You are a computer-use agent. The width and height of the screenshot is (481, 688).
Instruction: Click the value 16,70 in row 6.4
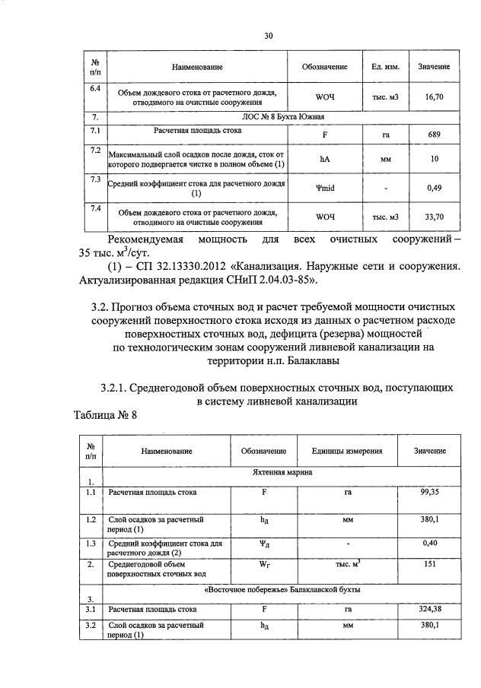[x=434, y=97]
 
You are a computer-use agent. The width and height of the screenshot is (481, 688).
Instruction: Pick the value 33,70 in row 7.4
[x=434, y=217]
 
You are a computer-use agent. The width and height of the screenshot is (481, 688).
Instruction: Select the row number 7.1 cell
[x=96, y=132]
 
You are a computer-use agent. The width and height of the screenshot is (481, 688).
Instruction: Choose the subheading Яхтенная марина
[x=276, y=472]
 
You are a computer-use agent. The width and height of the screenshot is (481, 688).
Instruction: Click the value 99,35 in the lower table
[x=430, y=493]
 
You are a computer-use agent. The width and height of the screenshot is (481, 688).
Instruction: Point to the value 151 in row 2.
[x=430, y=565]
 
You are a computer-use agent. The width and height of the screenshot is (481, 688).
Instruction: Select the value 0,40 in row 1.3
[x=430, y=544]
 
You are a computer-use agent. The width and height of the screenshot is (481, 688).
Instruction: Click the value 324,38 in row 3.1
[x=430, y=609]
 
